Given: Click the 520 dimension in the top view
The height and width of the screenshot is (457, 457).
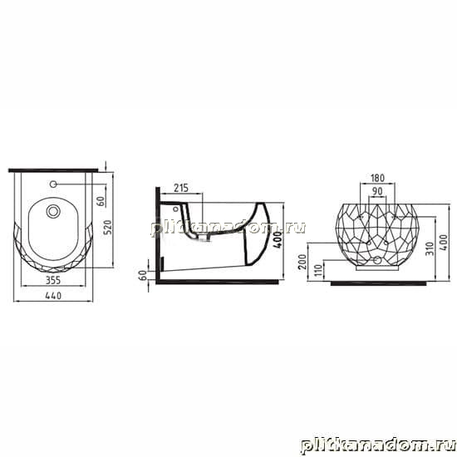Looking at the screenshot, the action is [107, 228].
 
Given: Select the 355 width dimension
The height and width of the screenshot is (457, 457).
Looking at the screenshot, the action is [53, 280].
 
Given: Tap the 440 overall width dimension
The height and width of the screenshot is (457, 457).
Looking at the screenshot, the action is [53, 296].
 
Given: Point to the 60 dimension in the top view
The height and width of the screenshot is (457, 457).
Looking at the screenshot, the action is [101, 201].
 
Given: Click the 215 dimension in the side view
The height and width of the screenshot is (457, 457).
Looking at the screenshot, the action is [181, 189].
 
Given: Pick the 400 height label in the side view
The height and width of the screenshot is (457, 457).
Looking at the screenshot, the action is [278, 239].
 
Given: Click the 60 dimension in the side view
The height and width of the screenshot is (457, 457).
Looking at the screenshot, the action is [143, 275].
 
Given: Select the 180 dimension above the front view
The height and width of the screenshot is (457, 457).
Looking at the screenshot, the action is [377, 178].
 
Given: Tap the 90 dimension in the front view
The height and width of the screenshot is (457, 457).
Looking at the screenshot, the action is [377, 191].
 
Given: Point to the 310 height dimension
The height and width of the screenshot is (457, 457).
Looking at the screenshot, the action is [430, 248].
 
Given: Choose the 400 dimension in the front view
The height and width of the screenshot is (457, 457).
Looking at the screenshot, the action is [444, 242].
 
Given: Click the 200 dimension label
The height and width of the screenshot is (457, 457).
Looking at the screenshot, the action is [302, 262].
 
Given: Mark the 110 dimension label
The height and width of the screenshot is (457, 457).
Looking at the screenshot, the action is [319, 270].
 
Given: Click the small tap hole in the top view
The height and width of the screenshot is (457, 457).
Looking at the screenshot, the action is [53, 184].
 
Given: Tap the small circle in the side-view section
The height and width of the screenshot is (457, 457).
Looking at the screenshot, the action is [175, 209].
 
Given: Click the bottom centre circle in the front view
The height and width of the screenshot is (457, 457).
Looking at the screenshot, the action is [377, 260].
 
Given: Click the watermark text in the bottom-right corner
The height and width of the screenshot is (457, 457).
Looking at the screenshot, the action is [378, 446].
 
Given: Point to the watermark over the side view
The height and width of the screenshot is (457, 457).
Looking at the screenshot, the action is [228, 228].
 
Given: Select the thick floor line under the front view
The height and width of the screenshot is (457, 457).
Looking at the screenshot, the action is [378, 283].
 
